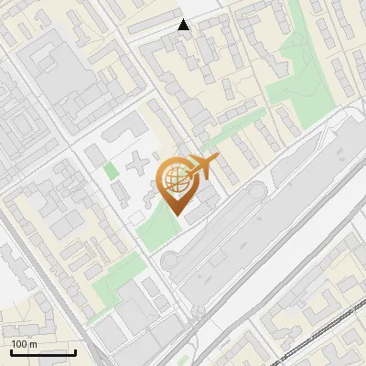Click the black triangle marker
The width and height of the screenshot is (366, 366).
[x=184, y=25]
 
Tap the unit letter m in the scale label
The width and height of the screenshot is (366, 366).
[x=33, y=343]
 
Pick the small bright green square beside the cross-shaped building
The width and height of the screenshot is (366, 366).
[x=111, y=170]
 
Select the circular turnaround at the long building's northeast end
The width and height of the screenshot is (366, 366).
[x=254, y=191]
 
